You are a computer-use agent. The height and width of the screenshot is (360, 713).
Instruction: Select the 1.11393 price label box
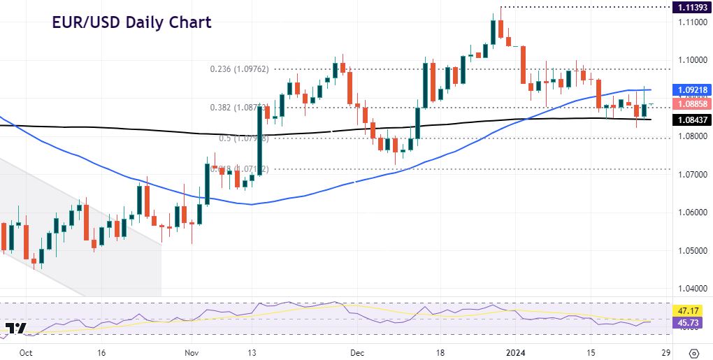691,8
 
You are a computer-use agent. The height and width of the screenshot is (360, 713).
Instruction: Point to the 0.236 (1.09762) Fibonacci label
239,69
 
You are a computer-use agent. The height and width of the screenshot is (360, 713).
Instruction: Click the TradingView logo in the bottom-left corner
15,328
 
